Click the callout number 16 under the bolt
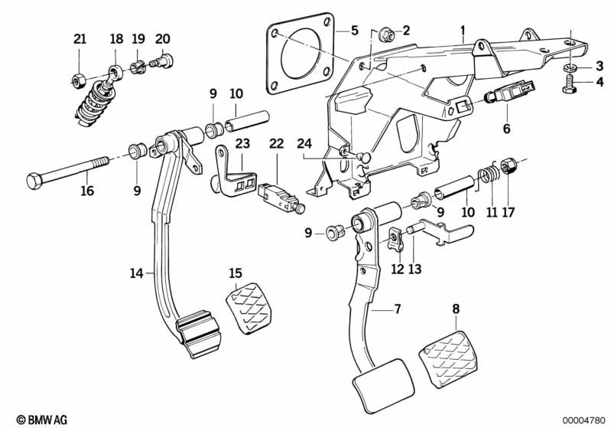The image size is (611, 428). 87,191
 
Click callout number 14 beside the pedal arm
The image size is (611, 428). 136,272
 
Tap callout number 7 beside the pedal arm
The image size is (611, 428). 397,309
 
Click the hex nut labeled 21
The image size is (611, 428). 77,77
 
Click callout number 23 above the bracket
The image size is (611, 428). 242,142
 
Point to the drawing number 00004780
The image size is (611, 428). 583,419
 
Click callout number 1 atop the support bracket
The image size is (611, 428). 463,30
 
